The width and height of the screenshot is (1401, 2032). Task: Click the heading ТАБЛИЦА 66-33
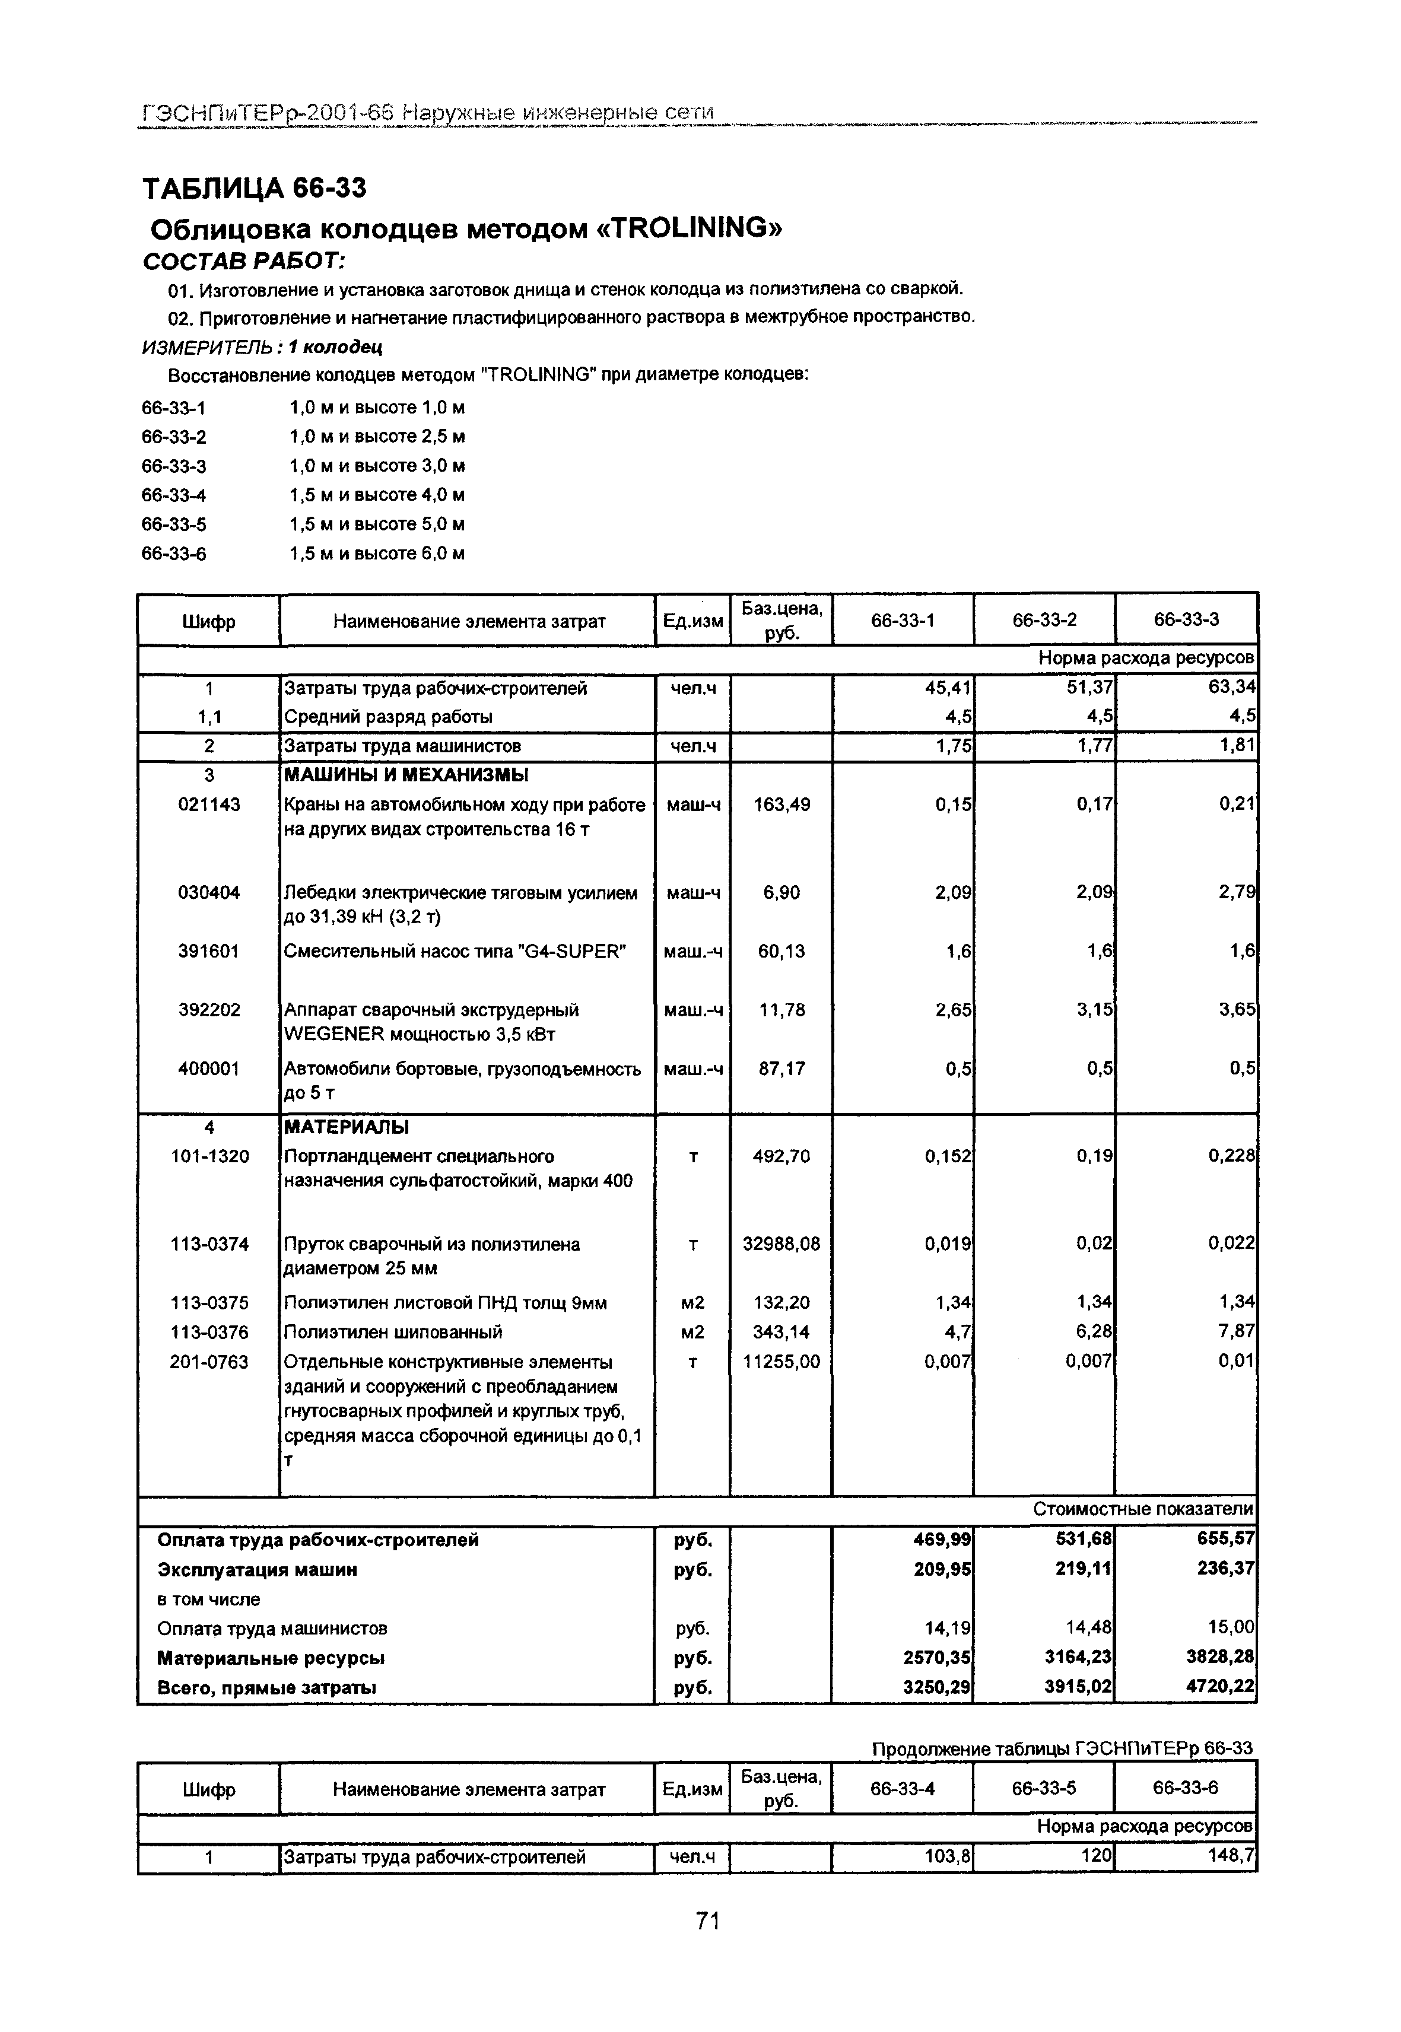point(254,188)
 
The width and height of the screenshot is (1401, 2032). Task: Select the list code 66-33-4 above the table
point(174,495)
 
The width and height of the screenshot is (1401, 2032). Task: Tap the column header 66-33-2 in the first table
point(1044,621)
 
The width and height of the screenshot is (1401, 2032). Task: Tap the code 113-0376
point(209,1333)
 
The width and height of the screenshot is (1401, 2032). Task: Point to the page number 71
point(707,1922)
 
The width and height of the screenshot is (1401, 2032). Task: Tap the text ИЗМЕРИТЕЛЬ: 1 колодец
point(262,346)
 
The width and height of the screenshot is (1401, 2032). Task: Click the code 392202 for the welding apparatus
point(209,1010)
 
